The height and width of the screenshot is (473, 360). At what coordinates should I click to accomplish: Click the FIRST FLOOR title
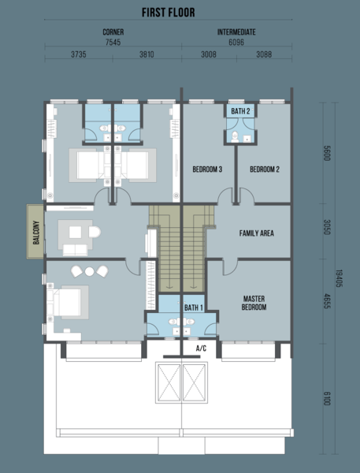click(x=169, y=13)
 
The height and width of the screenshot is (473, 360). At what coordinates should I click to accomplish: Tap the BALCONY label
click(x=36, y=233)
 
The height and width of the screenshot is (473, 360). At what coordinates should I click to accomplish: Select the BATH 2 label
click(x=240, y=111)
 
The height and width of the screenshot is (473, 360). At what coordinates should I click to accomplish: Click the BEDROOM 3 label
click(x=207, y=169)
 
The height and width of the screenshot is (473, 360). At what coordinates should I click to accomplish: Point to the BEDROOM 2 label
click(x=265, y=169)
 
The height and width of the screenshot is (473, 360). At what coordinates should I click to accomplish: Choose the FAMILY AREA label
click(x=256, y=233)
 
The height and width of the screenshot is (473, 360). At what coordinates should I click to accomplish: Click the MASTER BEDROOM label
click(x=254, y=303)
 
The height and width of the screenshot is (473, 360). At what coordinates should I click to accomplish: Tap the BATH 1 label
click(x=194, y=307)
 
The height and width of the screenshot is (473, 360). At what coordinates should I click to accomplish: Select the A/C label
click(x=201, y=348)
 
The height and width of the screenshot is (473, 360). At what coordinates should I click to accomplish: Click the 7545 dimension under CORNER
click(x=113, y=43)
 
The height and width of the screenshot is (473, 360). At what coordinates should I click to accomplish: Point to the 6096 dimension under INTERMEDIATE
click(x=236, y=43)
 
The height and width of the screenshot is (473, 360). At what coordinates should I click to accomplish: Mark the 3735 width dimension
click(x=79, y=54)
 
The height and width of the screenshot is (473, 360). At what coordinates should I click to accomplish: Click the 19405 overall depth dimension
click(x=340, y=278)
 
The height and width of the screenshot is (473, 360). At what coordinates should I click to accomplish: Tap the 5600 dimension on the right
click(x=327, y=153)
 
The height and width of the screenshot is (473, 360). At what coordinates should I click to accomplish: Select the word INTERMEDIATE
click(x=236, y=32)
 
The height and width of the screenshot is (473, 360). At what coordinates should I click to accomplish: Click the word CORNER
click(x=113, y=32)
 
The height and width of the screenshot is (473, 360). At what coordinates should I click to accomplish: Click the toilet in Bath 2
click(x=235, y=136)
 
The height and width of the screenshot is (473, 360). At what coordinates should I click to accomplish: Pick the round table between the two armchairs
click(x=89, y=271)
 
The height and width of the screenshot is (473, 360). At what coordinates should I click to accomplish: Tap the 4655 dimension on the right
click(x=327, y=301)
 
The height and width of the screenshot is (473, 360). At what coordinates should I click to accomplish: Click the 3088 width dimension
click(x=264, y=54)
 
